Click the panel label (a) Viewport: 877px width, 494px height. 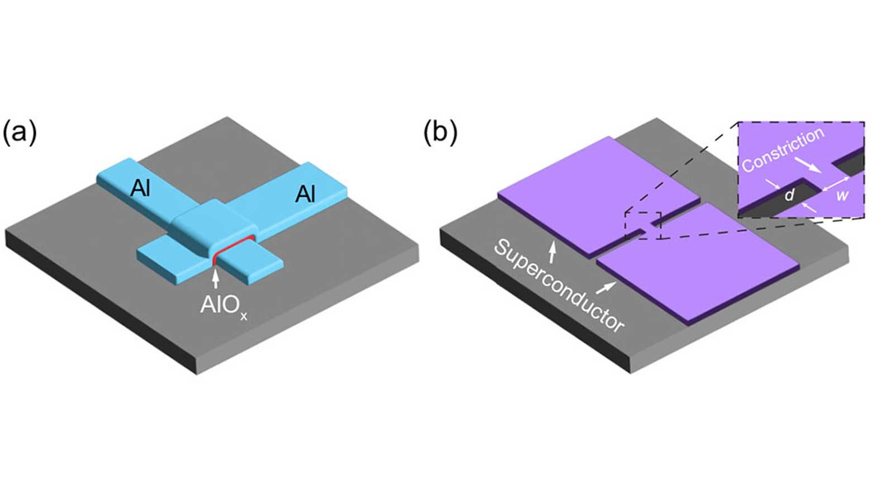coord(20,133)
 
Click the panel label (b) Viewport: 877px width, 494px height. coord(440,133)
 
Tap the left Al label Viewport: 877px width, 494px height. coord(140,188)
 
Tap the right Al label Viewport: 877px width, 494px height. coord(305,194)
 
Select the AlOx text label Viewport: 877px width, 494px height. coord(223,306)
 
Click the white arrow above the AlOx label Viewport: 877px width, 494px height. coord(216,278)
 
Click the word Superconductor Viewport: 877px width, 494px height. coord(559,285)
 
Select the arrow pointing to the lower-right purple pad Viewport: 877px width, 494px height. coord(608,288)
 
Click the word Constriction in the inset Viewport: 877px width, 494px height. coord(783,149)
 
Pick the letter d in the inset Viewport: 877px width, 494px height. coord(789,195)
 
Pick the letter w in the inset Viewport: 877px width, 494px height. coord(842,196)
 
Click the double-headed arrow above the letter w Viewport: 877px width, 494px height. coord(836,183)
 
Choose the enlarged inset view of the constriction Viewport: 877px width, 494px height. coord(801,169)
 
